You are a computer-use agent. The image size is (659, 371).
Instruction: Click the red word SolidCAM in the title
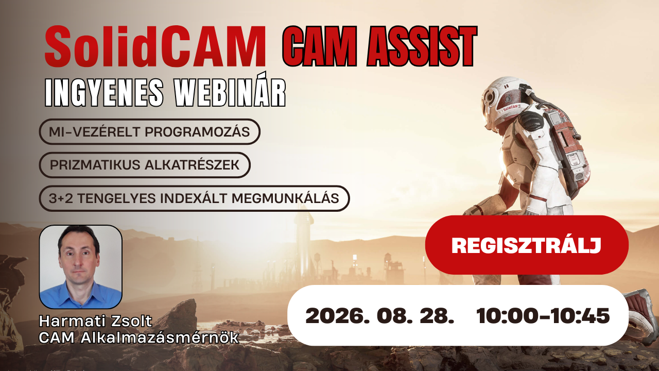[155, 47]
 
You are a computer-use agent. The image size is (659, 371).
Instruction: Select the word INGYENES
[104, 92]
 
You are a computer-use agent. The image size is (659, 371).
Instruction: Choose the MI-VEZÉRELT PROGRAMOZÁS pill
[149, 131]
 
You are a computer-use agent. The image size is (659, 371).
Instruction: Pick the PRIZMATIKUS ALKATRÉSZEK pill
[145, 165]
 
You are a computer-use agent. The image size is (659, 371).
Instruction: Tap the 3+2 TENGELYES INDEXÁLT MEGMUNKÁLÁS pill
[194, 198]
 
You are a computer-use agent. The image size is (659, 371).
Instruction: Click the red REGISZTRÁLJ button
[527, 245]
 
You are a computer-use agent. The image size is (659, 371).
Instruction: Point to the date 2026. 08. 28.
[379, 316]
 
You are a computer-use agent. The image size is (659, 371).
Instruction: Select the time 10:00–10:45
[543, 316]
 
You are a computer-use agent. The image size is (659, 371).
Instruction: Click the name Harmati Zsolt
[96, 321]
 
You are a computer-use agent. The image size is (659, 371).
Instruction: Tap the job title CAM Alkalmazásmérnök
[139, 338]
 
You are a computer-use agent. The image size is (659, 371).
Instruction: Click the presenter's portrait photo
[81, 267]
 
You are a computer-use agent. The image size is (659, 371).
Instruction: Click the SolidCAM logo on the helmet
[510, 108]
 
